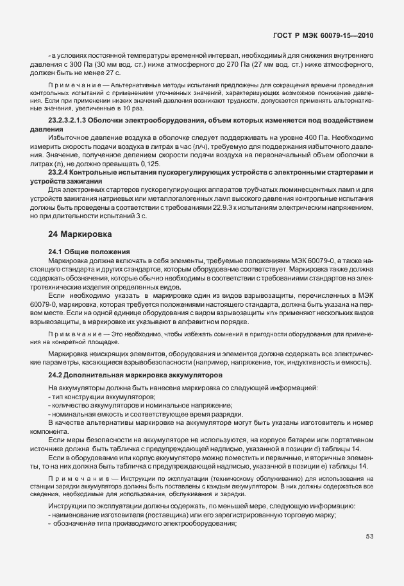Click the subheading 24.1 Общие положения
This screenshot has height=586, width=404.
coord(89,251)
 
